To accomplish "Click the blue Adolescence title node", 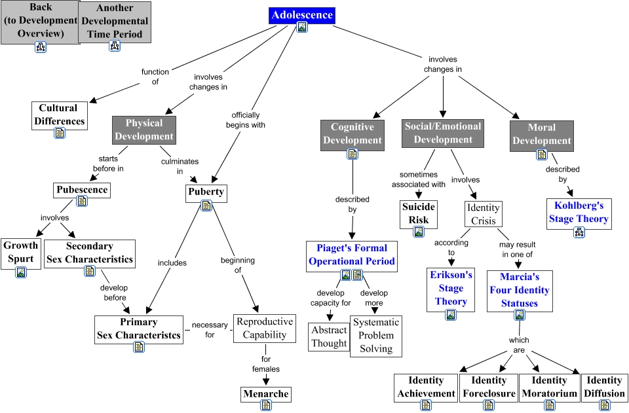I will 302,15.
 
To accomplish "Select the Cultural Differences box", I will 59,115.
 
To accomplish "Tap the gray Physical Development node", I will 145,130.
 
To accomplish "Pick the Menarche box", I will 265,394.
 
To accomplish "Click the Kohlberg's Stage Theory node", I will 579,213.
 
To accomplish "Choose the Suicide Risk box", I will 419,213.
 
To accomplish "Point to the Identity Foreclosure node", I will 489,387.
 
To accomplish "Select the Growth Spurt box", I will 20,253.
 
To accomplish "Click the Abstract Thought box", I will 329,336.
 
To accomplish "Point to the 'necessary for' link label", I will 209,330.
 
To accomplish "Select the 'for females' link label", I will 266,364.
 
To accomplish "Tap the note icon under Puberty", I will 206,206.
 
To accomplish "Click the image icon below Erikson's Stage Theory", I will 451,315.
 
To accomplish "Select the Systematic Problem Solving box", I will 375,336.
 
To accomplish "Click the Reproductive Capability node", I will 265,328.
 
